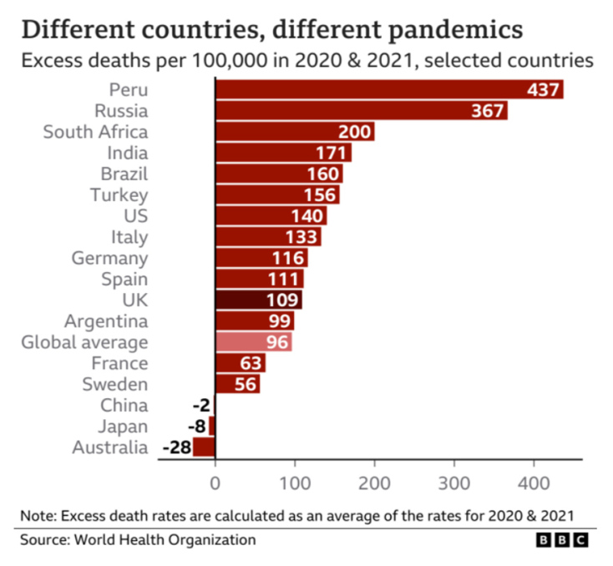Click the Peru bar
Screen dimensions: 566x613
389,89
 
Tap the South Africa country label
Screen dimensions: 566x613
95,132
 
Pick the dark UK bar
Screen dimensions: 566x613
259,300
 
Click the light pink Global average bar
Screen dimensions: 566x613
254,342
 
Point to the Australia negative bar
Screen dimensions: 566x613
204,447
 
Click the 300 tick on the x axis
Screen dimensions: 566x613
454,482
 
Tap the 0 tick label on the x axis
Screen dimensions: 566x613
215,482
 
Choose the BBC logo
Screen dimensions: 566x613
563,540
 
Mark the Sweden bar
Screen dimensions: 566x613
237,384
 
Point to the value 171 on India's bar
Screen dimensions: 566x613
331,153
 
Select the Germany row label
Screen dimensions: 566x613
109,258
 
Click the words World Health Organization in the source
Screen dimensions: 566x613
165,539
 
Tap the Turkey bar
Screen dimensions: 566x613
277,195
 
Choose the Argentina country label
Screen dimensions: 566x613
105,321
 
